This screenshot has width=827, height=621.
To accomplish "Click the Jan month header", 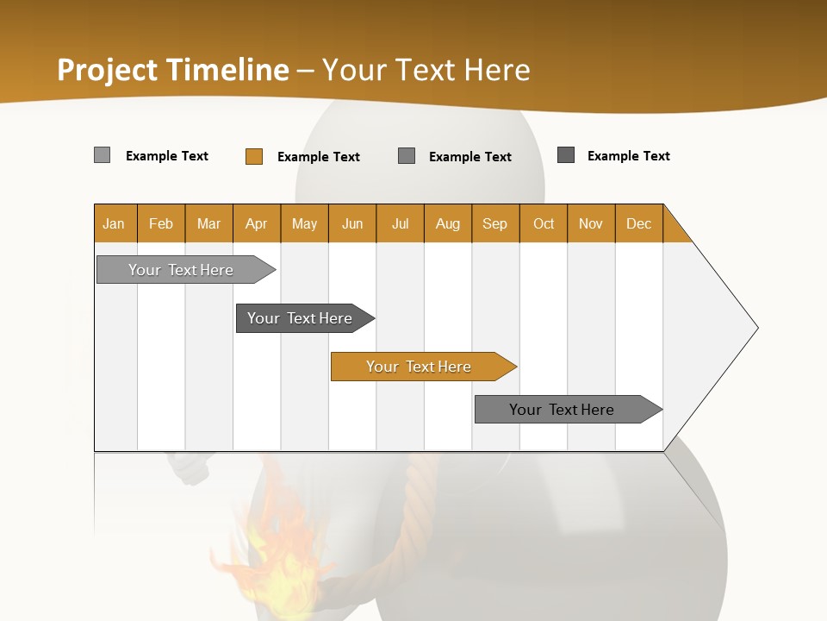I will (114, 223).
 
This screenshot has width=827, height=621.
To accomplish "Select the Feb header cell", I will (161, 223).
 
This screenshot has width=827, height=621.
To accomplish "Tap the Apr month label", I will (257, 223).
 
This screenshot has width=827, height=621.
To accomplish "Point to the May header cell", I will (304, 223).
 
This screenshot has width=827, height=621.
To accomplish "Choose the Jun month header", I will (352, 223).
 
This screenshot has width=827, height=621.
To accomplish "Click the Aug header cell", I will (448, 223).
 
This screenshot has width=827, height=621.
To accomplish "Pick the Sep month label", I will (495, 223).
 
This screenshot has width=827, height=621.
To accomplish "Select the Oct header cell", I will (544, 223).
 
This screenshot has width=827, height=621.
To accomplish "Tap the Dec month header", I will (639, 223).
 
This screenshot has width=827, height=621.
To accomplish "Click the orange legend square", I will (253, 156).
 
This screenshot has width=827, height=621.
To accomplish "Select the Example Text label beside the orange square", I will (319, 156).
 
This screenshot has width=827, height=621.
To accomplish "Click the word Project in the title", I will (108, 70).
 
